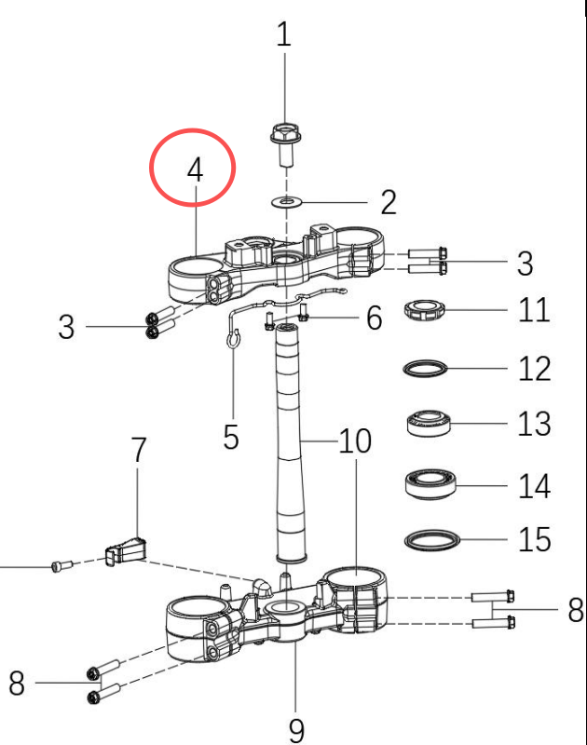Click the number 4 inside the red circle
point(194,169)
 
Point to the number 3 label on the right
point(525,264)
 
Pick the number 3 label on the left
point(65,327)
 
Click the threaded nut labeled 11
point(428,311)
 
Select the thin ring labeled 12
point(428,369)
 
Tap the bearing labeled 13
point(429,424)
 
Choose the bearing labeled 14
point(430,484)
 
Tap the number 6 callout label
point(374,318)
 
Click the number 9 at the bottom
point(295,727)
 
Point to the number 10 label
point(355,441)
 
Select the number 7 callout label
point(138,450)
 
